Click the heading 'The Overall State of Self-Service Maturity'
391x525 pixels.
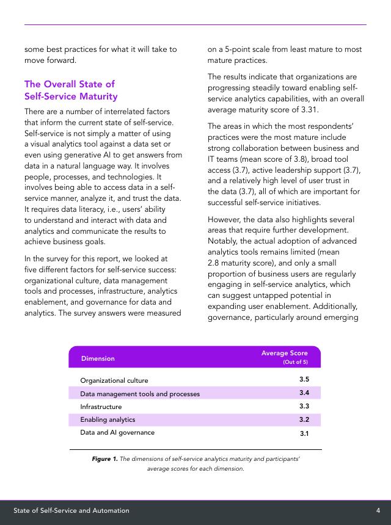[x=71, y=90]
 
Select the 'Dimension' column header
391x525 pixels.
[x=98, y=358]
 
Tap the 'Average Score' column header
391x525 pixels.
[x=285, y=353]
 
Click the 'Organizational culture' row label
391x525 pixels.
[x=114, y=380]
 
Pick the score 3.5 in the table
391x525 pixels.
[x=304, y=380]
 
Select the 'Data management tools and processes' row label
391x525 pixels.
[x=140, y=394]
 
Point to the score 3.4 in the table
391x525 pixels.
[x=304, y=393]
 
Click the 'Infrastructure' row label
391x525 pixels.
[x=101, y=407]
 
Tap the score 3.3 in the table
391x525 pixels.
[x=304, y=406]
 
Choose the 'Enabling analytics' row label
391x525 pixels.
[x=108, y=419]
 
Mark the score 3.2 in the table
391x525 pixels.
[x=304, y=419]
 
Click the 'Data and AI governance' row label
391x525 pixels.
[x=117, y=432]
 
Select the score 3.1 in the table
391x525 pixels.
[x=304, y=433]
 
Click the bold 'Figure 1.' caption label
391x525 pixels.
[x=104, y=458]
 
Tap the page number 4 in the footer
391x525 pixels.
[x=378, y=510]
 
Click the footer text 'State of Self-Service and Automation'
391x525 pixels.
[x=71, y=510]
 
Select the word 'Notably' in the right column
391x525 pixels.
[x=221, y=241]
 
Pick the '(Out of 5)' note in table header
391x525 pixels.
[x=295, y=362]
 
